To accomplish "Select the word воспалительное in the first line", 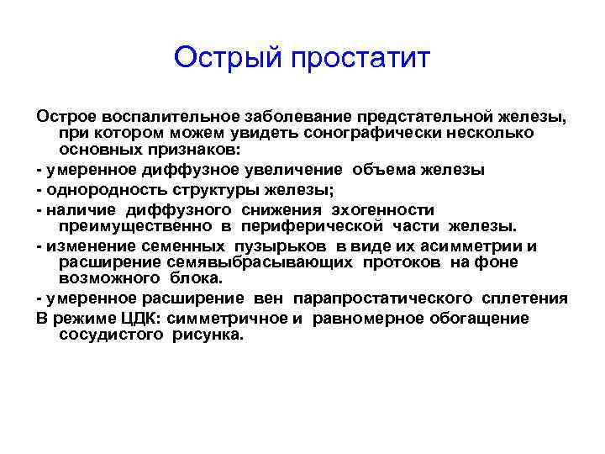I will tap(160, 117).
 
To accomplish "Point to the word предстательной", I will tap(411, 117).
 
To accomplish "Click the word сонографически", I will tap(377, 134).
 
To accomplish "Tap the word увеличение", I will tap(318, 170).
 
